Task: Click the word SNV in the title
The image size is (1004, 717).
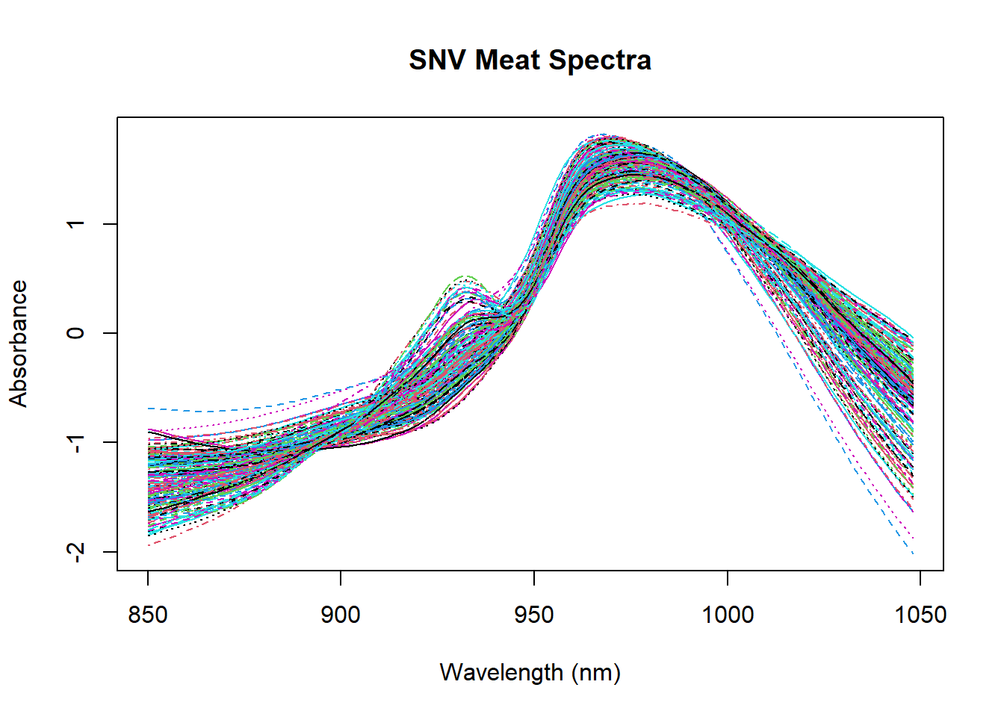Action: [438, 60]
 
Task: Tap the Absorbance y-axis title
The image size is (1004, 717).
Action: [18, 344]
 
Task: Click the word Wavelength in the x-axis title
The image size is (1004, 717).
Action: [501, 672]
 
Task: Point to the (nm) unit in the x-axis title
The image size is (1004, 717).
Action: [596, 672]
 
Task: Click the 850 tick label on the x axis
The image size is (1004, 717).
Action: [148, 615]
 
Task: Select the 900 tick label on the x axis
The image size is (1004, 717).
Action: [341, 615]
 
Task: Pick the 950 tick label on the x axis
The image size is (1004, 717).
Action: [534, 615]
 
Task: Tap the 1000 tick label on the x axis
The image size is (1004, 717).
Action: [728, 615]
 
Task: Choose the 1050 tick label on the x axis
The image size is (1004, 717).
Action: [920, 615]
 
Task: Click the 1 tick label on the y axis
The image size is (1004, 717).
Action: [75, 224]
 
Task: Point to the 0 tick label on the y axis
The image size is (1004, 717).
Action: [75, 333]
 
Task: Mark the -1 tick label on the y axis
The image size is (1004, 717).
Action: [75, 442]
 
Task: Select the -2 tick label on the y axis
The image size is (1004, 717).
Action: [75, 551]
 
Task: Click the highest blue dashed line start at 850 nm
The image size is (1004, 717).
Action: [149, 409]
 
